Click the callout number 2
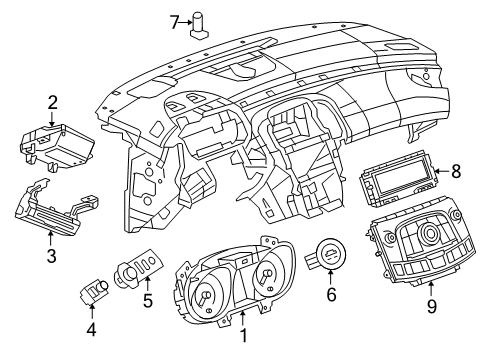pyautogui.click(x=52, y=101)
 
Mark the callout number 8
pyautogui.click(x=455, y=171)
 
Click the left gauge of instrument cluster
pyautogui.click(x=205, y=299)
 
